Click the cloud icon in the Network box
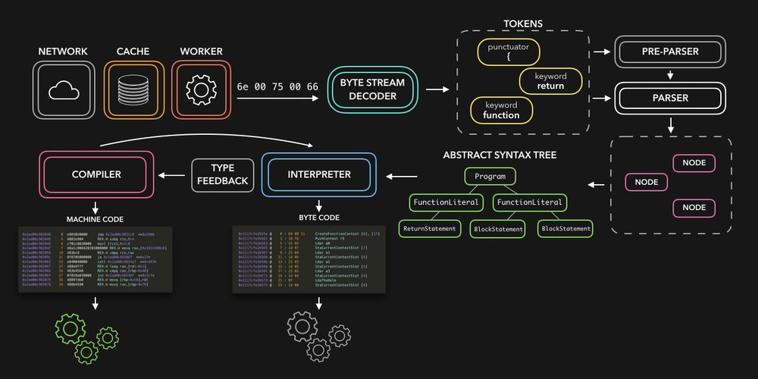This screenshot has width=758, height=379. tap(64, 91)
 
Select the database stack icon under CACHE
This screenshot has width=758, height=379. tap(133, 91)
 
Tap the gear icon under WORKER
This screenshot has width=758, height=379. tap(201, 91)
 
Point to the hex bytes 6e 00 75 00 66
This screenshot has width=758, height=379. tap(277, 87)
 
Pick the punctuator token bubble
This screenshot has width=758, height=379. tap(509, 51)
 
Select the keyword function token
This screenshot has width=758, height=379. tap(501, 110)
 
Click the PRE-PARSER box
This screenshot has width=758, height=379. tap(670, 52)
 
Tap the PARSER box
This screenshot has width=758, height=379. tap(670, 98)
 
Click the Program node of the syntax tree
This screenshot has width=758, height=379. tap(490, 177)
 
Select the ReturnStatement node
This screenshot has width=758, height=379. tap(429, 227)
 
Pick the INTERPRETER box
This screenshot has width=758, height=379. tap(318, 175)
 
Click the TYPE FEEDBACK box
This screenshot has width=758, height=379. tap(222, 175)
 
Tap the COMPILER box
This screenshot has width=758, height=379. tap(96, 175)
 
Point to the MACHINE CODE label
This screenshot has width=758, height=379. tap(96, 219)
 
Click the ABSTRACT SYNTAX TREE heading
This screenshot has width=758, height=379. tap(500, 155)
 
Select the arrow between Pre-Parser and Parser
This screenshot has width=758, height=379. tap(670, 75)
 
